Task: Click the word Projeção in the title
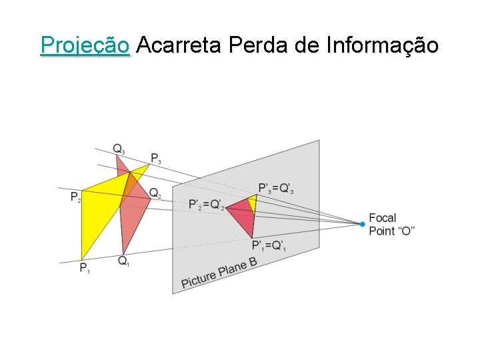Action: pos(85,46)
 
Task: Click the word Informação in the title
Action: pos(383,46)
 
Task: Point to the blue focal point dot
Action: pos(362,224)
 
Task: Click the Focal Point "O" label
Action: pos(391,224)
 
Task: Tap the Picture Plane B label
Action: pos(219,274)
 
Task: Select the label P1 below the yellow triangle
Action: pos(85,268)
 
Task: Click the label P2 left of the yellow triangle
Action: pos(75,197)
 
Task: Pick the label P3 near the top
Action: pos(155,159)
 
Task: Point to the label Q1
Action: pos(124,261)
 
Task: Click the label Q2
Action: pos(155,193)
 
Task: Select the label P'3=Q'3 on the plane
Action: pos(276,189)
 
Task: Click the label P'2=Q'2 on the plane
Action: pos(205,204)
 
